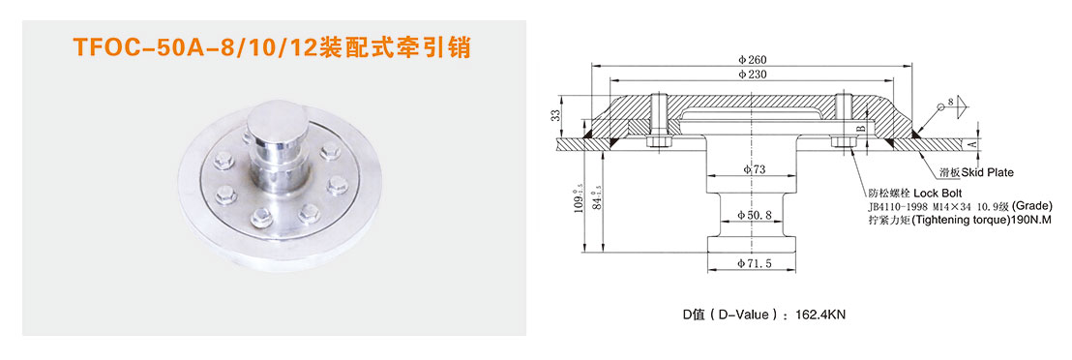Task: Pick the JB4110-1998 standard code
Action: [899, 207]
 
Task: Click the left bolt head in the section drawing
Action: [658, 143]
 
